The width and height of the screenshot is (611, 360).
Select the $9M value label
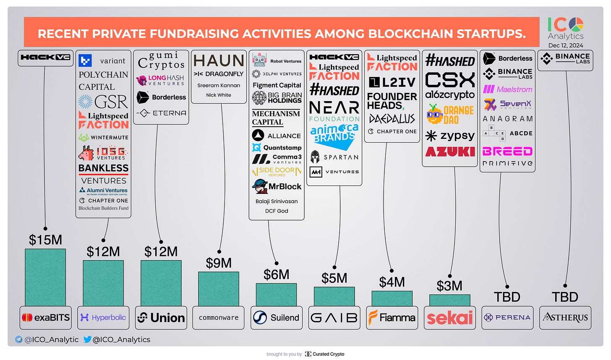coord(219,263)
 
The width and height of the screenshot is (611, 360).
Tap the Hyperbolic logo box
coord(103,318)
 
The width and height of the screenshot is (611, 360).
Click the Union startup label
coord(161,318)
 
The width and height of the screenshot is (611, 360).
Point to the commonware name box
coord(219,318)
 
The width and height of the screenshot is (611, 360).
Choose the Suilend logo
coord(276,318)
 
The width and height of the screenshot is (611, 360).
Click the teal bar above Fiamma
coord(392,298)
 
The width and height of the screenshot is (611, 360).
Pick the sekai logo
coord(449,318)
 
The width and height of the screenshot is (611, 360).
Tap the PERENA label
coord(507,318)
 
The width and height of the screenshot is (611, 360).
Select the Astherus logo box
coord(565,318)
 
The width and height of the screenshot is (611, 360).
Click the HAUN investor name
coord(219,61)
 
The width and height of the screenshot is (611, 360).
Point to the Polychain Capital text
coord(103,81)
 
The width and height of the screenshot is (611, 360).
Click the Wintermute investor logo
coord(103,137)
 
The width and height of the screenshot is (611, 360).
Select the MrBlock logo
coord(277,186)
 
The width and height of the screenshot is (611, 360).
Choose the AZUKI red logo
coord(450,151)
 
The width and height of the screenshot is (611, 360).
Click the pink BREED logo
coord(507,151)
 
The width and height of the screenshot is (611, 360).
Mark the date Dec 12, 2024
coord(565,45)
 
